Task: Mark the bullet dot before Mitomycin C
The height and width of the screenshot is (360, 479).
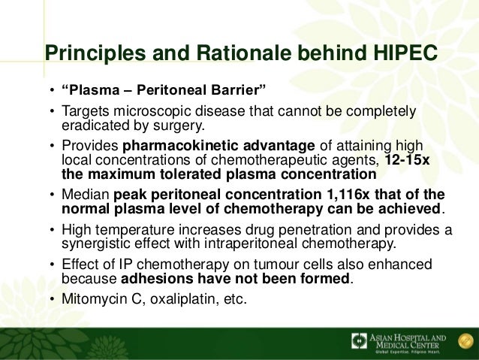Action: click(x=51, y=298)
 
